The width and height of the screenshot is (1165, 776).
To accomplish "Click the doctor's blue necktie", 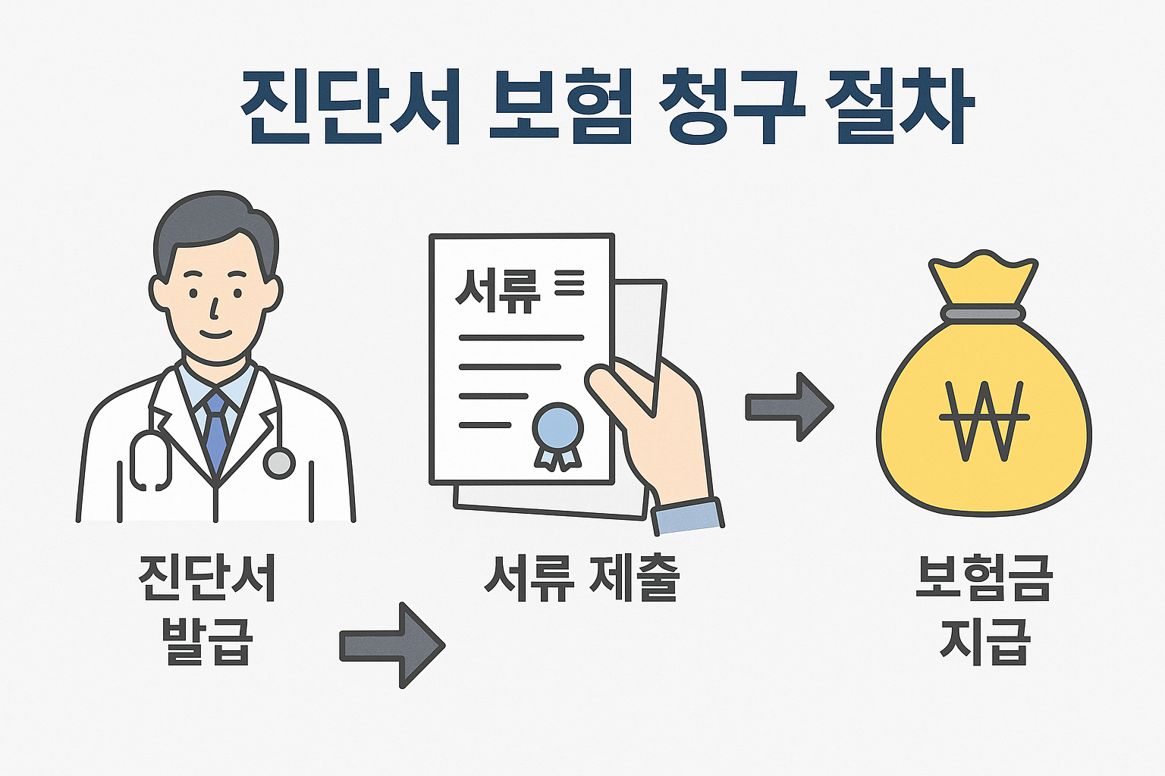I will (x=216, y=432).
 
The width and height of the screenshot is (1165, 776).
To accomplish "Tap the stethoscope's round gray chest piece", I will (x=278, y=462).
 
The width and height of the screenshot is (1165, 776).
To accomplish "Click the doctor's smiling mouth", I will (x=215, y=333).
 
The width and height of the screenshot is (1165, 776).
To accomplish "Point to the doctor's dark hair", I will (x=212, y=220).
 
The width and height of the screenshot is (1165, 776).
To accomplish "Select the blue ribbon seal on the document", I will (x=558, y=432).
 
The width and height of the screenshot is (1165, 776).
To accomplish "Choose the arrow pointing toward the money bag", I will (x=789, y=407).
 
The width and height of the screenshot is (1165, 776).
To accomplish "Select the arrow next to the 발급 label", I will (x=391, y=645).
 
